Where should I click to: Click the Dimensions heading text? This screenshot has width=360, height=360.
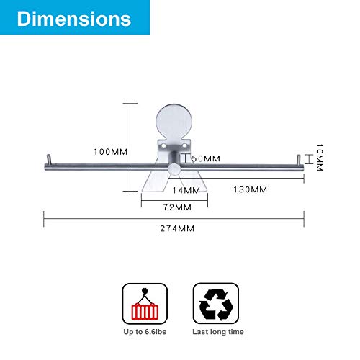74,19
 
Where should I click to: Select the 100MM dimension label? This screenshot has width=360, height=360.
111,152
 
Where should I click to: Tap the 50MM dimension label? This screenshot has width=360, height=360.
206,158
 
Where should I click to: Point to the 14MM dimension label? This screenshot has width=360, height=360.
186,190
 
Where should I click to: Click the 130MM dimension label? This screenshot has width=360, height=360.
251,189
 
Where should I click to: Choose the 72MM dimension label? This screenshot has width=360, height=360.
178,207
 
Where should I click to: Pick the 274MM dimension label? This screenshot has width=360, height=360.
177,228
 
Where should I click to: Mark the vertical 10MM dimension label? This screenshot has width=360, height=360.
319,158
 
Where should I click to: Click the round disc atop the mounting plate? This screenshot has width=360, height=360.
174,122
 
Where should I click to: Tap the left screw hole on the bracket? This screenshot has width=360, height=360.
163,145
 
